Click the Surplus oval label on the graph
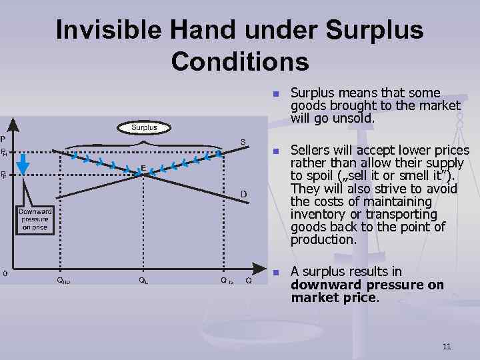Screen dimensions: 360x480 tap(144, 127)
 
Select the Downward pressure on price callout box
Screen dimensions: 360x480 tap(35, 219)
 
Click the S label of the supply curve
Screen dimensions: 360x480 tap(243, 141)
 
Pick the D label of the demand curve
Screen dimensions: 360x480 tap(244, 193)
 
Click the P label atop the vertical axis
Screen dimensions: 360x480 tap(3, 139)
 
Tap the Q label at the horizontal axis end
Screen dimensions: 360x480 tap(249, 281)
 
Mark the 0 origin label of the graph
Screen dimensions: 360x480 tap(5, 273)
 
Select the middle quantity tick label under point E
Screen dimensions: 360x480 tap(143, 281)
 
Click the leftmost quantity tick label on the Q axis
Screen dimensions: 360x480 tap(63, 281)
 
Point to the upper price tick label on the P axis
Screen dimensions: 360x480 tap(4, 153)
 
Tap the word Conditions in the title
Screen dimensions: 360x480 tap(239, 61)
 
